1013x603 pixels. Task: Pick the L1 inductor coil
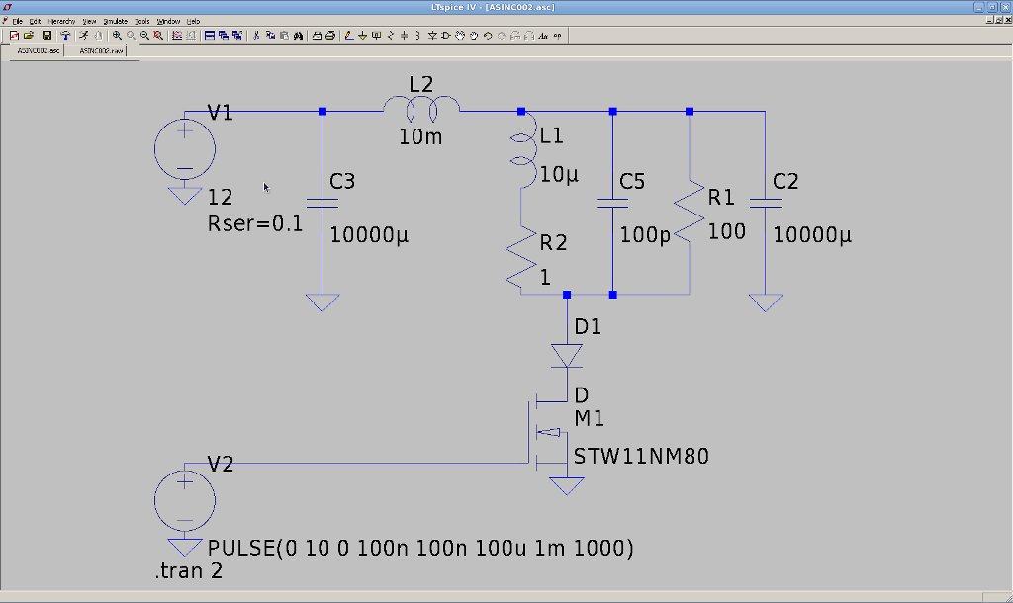[522, 148]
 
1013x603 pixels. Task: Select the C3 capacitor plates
[322, 203]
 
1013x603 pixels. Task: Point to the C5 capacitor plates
[613, 203]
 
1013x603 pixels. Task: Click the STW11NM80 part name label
[641, 457]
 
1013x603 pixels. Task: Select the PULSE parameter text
[420, 548]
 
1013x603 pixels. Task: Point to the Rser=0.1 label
[255, 224]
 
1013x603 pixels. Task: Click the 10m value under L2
[420, 137]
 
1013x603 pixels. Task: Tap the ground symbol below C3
[322, 302]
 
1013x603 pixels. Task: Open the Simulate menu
[113, 20]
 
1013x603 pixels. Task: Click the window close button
[1003, 7]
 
